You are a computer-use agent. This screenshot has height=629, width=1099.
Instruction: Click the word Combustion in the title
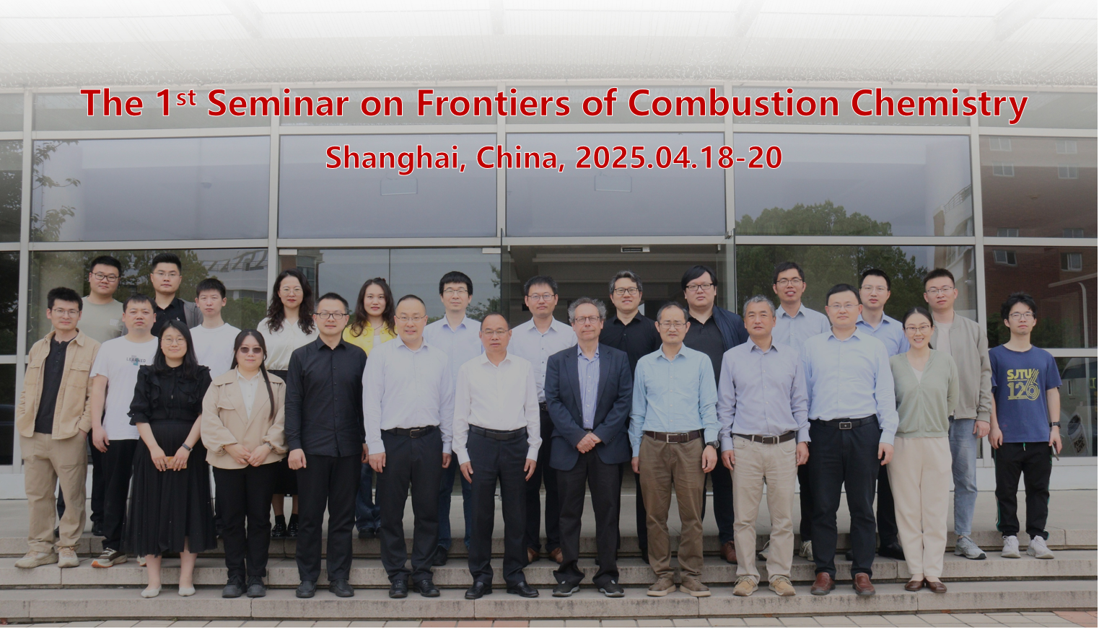coord(733,103)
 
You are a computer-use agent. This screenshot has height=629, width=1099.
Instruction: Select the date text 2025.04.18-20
coord(678,157)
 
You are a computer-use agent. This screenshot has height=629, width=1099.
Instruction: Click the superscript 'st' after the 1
coord(186,98)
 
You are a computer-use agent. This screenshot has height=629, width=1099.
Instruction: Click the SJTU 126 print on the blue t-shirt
coord(1023,384)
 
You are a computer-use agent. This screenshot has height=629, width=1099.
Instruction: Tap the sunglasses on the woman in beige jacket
coord(250,350)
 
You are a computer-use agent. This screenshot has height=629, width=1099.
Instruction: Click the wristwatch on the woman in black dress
coord(186,447)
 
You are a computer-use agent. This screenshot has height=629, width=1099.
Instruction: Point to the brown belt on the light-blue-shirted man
coord(674,436)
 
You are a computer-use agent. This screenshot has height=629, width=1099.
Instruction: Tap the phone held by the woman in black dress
coord(170,460)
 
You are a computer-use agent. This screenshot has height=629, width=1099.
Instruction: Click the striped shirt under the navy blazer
coord(588,387)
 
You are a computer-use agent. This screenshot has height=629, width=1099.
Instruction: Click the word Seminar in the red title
coord(279,103)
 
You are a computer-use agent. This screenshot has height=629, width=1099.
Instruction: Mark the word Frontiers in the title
coord(493,103)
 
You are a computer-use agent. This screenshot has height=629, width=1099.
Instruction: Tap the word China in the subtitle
coord(517,158)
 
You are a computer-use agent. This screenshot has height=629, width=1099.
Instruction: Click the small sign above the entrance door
coord(635,250)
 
